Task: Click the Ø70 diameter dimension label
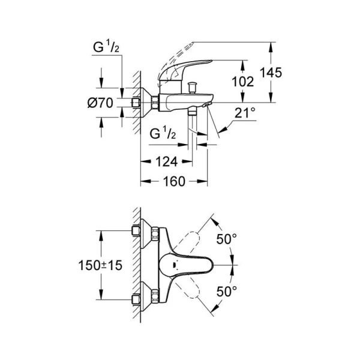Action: tap(100, 103)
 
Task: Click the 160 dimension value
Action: tap(173, 181)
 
